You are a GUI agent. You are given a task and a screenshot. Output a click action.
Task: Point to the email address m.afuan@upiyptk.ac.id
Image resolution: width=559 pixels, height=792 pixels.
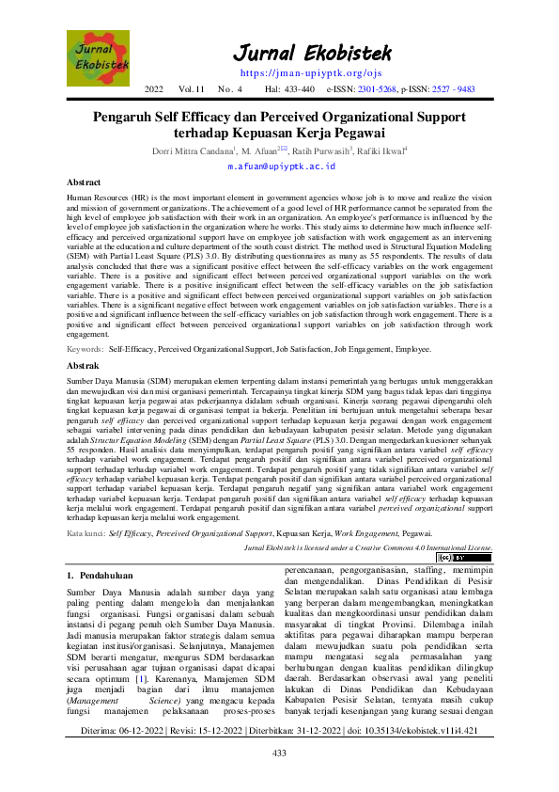[279, 166]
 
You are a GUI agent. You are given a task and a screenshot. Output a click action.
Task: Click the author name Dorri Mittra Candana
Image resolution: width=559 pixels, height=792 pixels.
[193, 149]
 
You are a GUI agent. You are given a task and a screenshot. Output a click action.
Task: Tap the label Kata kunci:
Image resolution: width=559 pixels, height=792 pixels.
[86, 533]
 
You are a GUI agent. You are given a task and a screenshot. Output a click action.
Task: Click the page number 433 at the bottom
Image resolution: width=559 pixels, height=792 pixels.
[279, 780]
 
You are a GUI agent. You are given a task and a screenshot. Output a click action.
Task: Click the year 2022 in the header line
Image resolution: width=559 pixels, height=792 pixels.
[155, 89]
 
